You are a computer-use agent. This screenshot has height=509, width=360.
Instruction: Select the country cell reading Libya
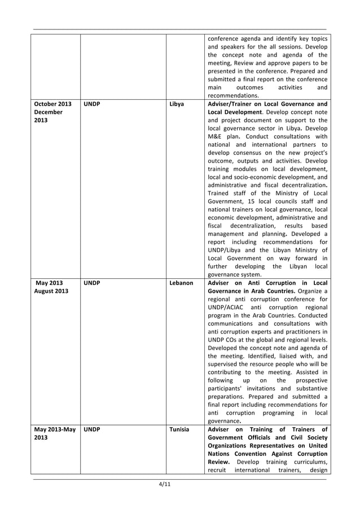pos(177,104)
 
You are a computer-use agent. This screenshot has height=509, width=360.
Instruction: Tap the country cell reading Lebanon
pos(181,282)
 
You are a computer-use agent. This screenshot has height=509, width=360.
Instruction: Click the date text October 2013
pos(53,104)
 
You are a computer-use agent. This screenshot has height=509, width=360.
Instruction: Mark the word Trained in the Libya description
pos(221,193)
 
